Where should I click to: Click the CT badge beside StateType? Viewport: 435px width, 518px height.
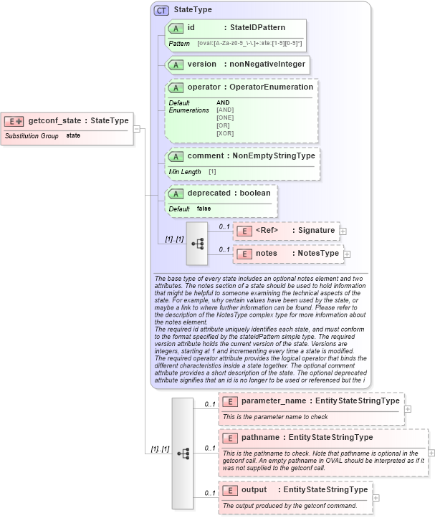click(x=161, y=11)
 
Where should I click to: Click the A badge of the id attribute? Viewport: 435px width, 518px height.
click(x=175, y=28)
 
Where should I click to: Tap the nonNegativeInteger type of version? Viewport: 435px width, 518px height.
click(x=267, y=64)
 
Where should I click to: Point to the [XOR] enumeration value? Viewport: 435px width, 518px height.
click(x=225, y=133)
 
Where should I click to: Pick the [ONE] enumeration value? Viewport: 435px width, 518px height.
click(x=225, y=117)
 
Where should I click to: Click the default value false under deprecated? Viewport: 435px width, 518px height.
click(x=204, y=208)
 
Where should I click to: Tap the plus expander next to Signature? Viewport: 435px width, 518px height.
click(x=343, y=231)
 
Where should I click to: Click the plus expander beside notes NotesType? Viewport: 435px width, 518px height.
click(x=347, y=254)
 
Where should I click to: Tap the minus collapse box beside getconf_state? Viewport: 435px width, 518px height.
click(x=137, y=129)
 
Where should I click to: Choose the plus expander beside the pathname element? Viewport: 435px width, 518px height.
click(x=431, y=452)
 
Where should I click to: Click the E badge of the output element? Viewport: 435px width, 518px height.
click(x=231, y=490)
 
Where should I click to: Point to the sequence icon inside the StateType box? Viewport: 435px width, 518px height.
click(x=196, y=243)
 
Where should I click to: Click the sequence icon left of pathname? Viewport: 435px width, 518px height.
click(x=183, y=453)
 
